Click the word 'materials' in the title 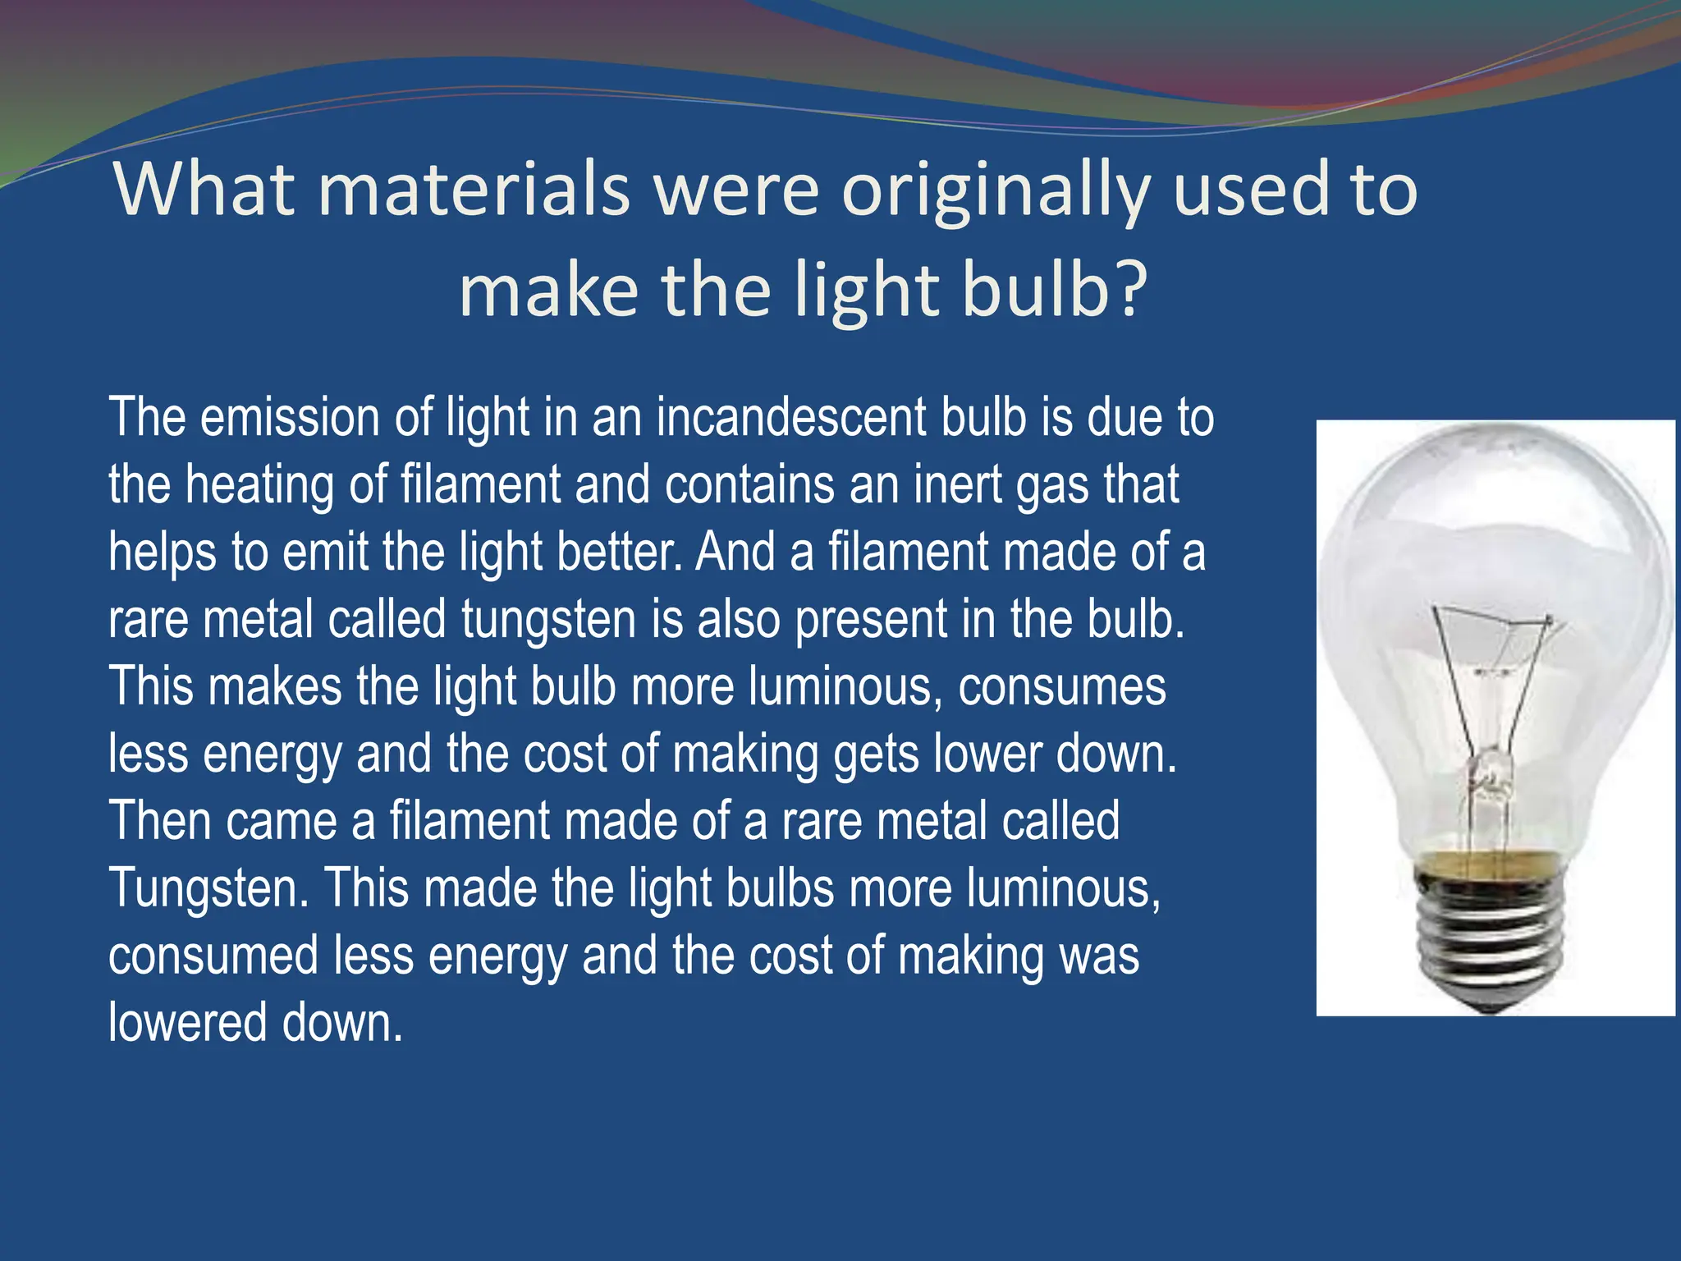[x=474, y=190]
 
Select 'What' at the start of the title [x=204, y=189]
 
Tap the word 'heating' [x=259, y=486]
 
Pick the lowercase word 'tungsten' [x=548, y=619]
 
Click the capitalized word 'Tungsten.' [x=208, y=888]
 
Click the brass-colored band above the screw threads [x=1487, y=862]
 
